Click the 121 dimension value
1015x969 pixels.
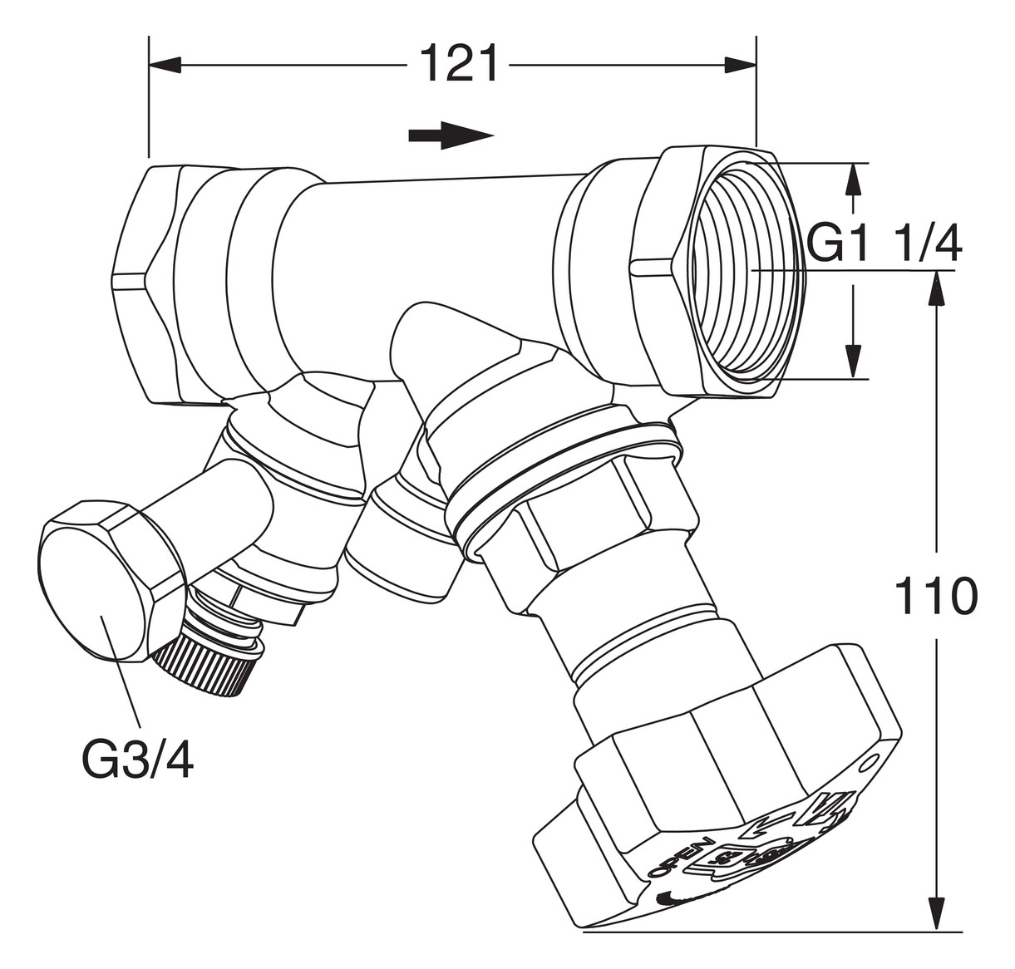459,64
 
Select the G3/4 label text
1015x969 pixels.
138,759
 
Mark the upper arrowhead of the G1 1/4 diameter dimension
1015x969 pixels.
852,180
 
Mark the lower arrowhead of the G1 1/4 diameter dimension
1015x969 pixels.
852,362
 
